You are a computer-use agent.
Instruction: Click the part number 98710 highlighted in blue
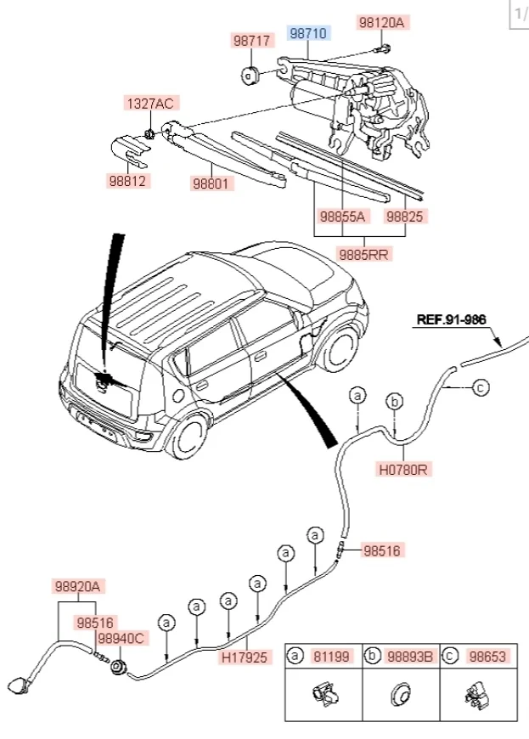pyautogui.click(x=308, y=34)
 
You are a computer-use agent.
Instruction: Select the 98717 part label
pyautogui.click(x=252, y=41)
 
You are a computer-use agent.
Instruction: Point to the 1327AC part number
pyautogui.click(x=150, y=104)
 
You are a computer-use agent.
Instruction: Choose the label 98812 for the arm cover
pyautogui.click(x=127, y=181)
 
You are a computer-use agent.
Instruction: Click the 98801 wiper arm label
pyautogui.click(x=211, y=183)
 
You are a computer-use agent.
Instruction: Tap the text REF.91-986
pyautogui.click(x=453, y=320)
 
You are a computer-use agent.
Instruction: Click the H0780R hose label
pyautogui.click(x=402, y=467)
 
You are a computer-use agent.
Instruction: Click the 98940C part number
pyautogui.click(x=121, y=638)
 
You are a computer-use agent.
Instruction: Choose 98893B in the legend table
pyautogui.click(x=411, y=657)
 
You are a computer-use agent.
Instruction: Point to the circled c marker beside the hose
pyautogui.click(x=480, y=388)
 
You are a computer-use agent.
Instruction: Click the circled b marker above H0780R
pyautogui.click(x=394, y=401)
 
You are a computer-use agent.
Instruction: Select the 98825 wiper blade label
pyautogui.click(x=404, y=217)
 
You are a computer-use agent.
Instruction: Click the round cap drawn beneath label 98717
pyautogui.click(x=250, y=76)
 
